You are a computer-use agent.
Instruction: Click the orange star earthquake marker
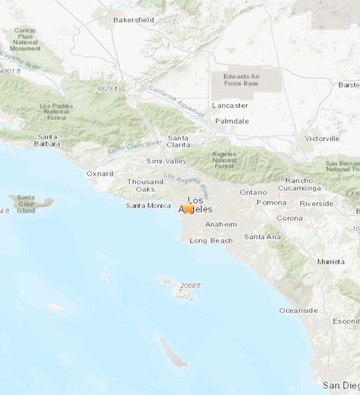(x=188, y=209)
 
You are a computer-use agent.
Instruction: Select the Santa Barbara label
(x=48, y=140)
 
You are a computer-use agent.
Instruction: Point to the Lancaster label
(x=230, y=105)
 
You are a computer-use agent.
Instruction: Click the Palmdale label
(x=232, y=121)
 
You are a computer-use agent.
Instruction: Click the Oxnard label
(x=100, y=174)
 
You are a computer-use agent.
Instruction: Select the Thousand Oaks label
(x=145, y=185)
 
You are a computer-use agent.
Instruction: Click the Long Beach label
(x=211, y=240)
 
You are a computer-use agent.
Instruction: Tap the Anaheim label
(x=221, y=224)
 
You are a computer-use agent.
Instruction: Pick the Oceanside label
(x=298, y=311)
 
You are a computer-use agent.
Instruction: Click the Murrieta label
(x=331, y=262)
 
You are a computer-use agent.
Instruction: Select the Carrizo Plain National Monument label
(x=25, y=39)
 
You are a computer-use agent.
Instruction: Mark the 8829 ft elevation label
(x=107, y=89)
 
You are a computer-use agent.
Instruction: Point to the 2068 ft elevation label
(x=190, y=286)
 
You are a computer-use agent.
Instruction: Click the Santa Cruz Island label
(x=26, y=204)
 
